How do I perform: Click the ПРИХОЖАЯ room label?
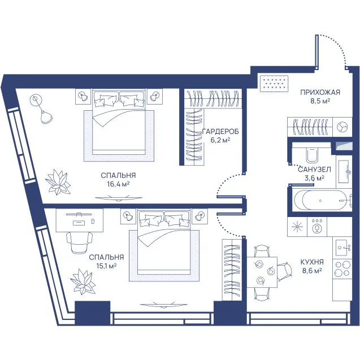pyautogui.click(x=320, y=93)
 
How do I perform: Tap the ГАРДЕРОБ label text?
pyautogui.click(x=220, y=132)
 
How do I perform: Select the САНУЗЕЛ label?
pyautogui.click(x=314, y=170)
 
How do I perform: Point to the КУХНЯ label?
pyautogui.click(x=312, y=262)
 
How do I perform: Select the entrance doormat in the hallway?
pyautogui.click(x=274, y=84)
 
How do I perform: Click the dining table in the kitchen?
pyautogui.click(x=262, y=272)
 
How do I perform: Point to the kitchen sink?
pyautogui.click(x=343, y=248)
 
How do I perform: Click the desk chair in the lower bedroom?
pyautogui.click(x=80, y=242)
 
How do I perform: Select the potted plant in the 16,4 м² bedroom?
pyautogui.click(x=58, y=182)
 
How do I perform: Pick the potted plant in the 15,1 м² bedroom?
pyautogui.click(x=83, y=281)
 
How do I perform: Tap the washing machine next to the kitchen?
pyautogui.click(x=317, y=227)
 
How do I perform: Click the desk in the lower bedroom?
pyautogui.click(x=80, y=220)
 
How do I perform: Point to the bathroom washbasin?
pyautogui.click(x=344, y=171)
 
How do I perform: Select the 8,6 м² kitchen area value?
pyautogui.click(x=312, y=271)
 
